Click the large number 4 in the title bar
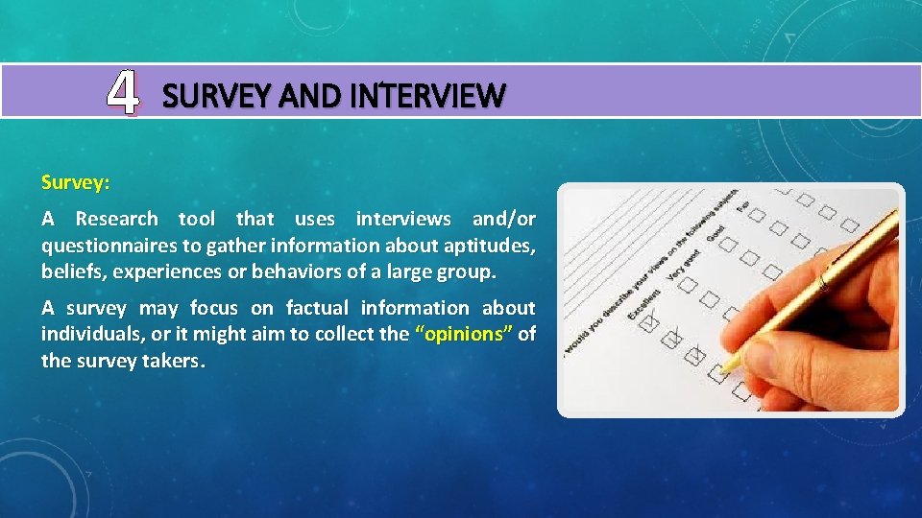122,93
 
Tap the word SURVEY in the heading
200,96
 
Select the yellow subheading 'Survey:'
76,181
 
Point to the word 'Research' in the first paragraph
117,219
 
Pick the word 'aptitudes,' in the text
490,245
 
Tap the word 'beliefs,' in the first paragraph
73,271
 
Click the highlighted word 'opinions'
463,334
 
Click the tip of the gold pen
722,370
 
